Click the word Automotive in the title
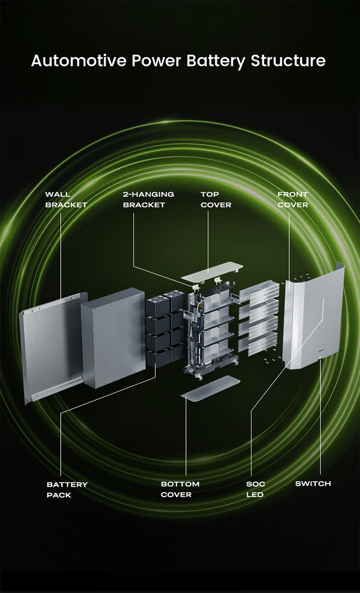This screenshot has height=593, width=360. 79,61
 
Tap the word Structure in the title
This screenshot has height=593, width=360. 288,61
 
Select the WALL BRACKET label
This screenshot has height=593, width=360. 66,199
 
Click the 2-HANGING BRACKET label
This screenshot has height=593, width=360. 148,199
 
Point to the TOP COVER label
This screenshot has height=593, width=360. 216,199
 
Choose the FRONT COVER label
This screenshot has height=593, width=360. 293,199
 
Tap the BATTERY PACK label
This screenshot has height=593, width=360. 67,490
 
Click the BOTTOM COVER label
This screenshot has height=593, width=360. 180,489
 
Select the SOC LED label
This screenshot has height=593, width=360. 255,489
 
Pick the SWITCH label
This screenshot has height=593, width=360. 313,484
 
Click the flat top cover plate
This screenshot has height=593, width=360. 212,272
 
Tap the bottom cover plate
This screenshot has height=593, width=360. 211,389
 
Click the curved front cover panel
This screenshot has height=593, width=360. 314,317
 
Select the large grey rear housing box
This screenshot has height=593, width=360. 113,338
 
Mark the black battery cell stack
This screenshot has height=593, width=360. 164,329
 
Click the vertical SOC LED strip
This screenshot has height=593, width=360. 323,311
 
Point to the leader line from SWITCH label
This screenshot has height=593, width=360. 320,417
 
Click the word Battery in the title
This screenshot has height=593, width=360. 215,61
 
